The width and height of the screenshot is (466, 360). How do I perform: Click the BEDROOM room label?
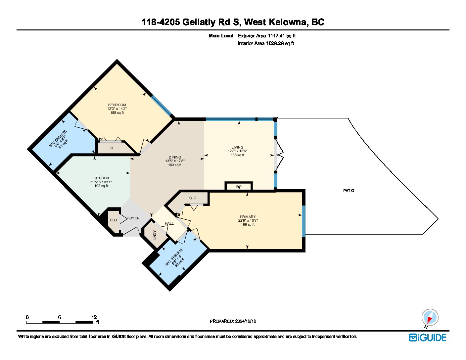click(x=117, y=105)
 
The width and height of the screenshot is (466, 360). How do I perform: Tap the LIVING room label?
click(x=237, y=147)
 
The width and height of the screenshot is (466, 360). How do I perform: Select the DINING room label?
click(x=175, y=157)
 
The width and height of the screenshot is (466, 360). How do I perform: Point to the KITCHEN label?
click(x=101, y=178)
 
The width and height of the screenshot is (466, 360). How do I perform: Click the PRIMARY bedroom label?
click(x=248, y=217)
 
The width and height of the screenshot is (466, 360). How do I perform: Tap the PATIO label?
click(x=349, y=191)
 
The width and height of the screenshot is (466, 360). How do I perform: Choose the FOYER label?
click(x=133, y=218)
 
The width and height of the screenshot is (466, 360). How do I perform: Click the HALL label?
click(x=169, y=223)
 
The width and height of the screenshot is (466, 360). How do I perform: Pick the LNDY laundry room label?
click(x=155, y=235)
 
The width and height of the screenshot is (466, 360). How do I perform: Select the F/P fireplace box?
click(x=239, y=186)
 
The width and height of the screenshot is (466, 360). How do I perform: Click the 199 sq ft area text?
click(x=248, y=224)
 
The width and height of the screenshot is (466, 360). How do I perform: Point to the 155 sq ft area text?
click(x=117, y=112)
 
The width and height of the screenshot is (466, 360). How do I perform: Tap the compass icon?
click(x=430, y=317)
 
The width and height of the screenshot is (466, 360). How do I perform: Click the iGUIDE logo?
click(x=428, y=337)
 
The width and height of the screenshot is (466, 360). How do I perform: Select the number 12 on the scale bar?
click(x=94, y=317)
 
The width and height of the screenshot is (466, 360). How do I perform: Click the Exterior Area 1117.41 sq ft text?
click(x=267, y=36)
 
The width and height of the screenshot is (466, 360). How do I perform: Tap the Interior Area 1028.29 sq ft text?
click(x=266, y=43)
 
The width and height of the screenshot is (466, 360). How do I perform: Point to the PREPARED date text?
click(x=233, y=321)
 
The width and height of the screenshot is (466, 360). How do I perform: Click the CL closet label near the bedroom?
click(x=112, y=148)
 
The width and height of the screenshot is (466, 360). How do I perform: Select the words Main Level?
click(x=221, y=36)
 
